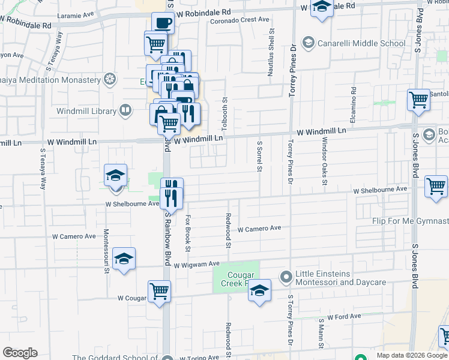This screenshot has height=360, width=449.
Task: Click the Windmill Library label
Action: coord(86,111)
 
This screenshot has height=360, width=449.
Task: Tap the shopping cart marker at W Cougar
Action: coord(159,292)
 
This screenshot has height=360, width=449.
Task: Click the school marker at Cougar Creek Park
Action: coord(259,292)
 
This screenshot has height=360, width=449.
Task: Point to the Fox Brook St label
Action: coord(188,233)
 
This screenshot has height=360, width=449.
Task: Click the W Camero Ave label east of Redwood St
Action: coord(259,229)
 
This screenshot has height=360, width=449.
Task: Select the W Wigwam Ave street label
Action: coord(197,264)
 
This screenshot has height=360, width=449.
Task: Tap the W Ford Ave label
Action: coord(344,316)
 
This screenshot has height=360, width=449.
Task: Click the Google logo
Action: coord(20,353)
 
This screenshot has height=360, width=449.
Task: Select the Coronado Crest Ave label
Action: coord(240,20)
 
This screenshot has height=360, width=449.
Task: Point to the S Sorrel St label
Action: coord(260,157)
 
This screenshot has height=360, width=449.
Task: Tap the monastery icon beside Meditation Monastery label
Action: coord(109,79)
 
